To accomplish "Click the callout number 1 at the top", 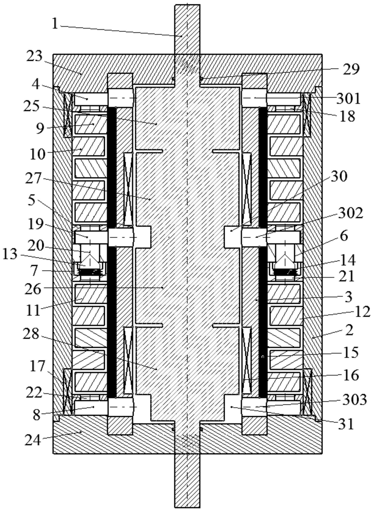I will [x=55, y=23].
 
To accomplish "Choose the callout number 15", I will [x=351, y=352].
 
